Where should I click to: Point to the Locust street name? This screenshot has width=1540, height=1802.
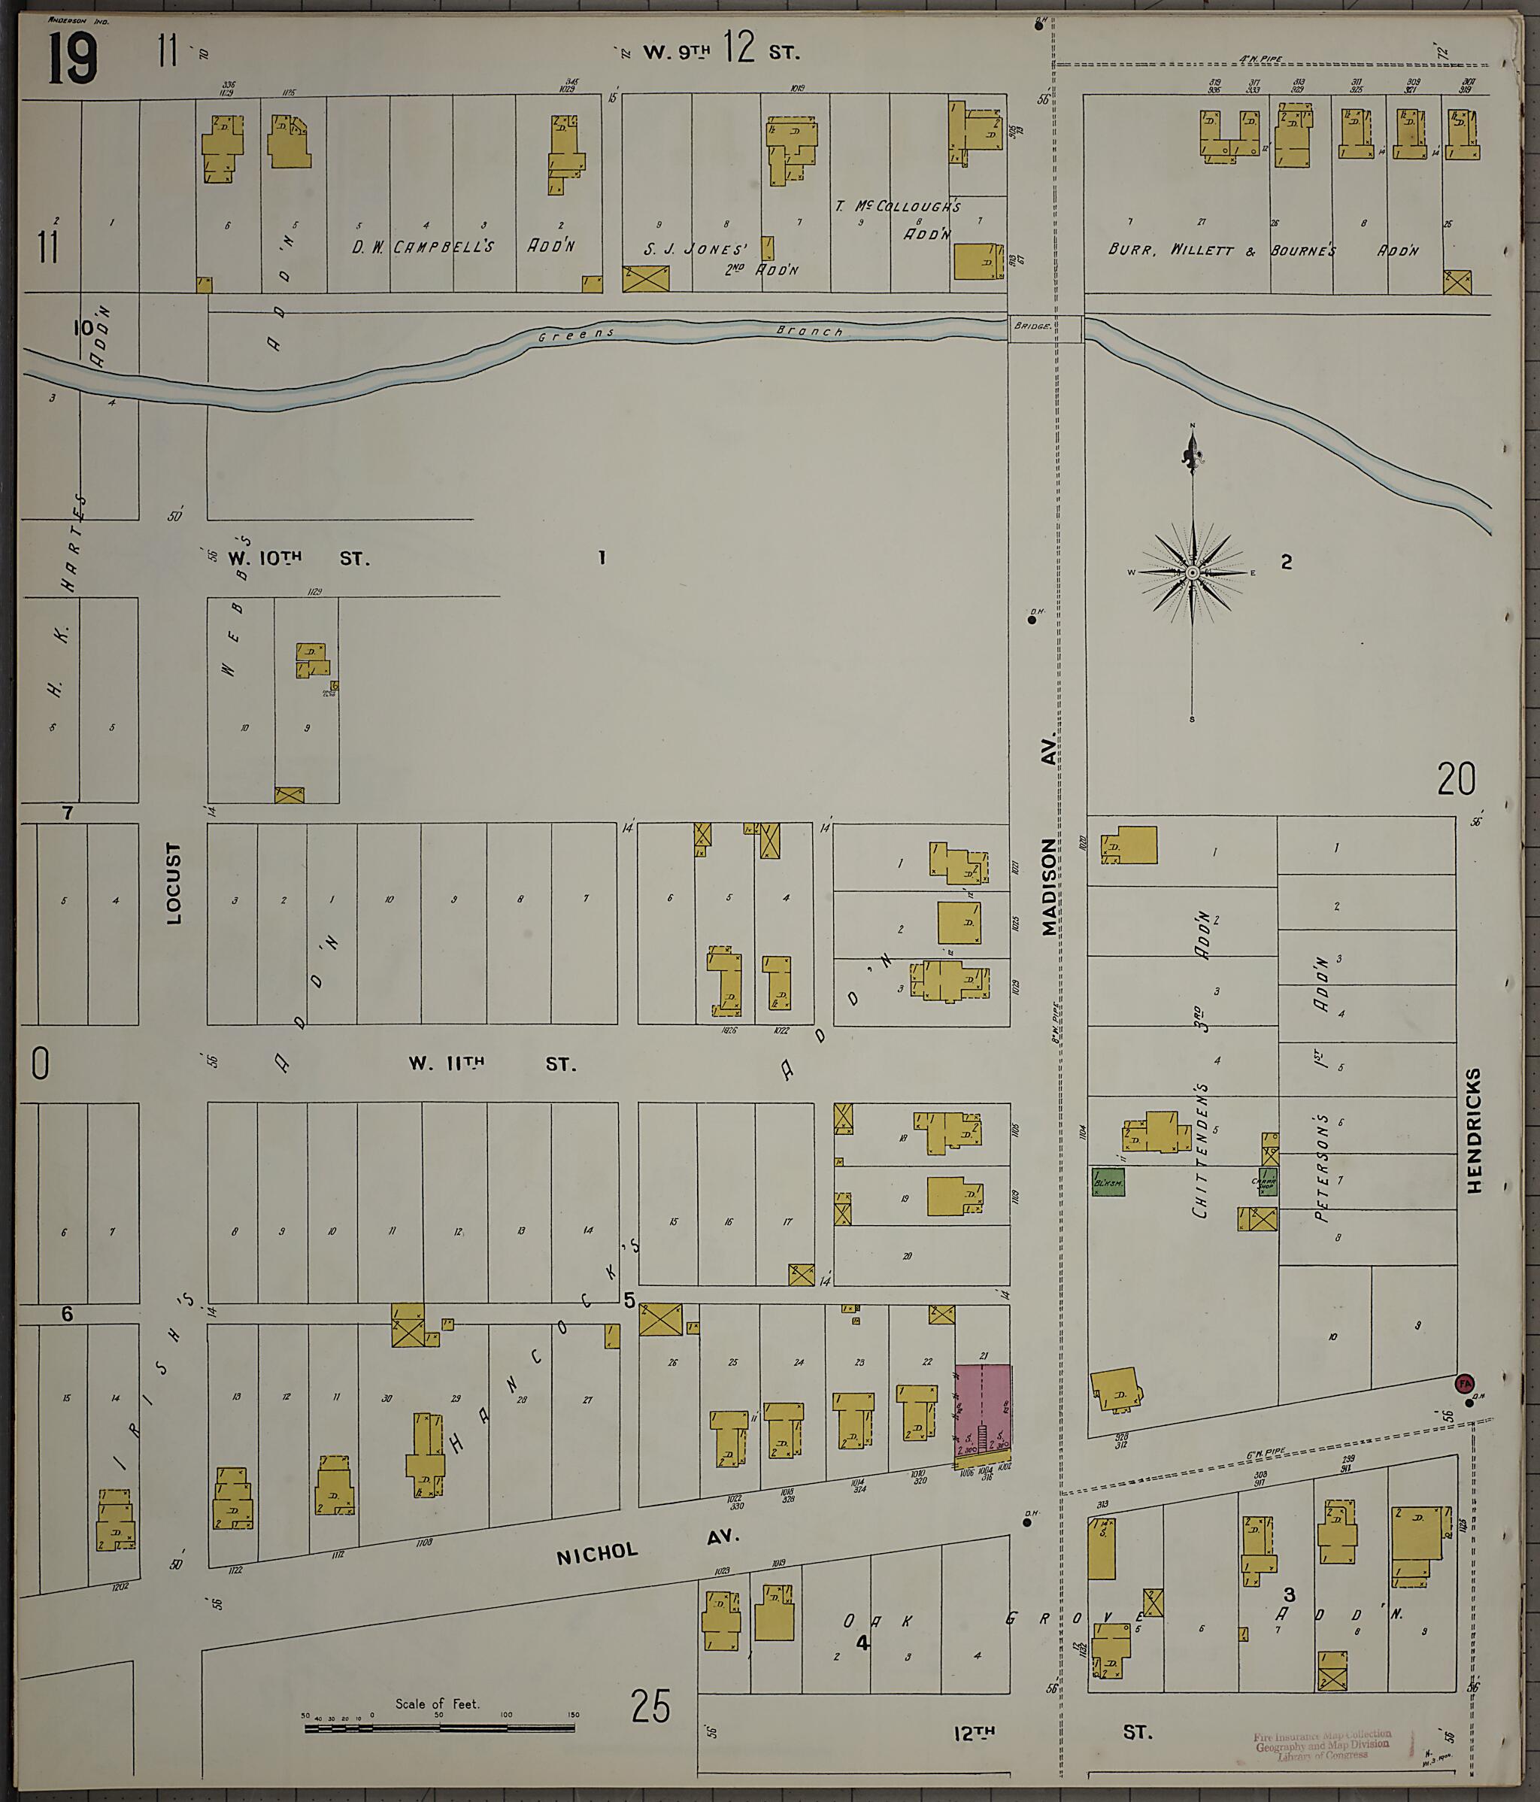click(x=174, y=882)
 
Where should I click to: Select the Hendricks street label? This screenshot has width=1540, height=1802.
click(x=1473, y=1130)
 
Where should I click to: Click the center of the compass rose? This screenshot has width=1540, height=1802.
click(x=1192, y=573)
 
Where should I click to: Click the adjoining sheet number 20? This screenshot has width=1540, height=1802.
click(x=1456, y=779)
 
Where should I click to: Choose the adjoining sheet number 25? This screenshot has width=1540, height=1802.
click(x=650, y=1707)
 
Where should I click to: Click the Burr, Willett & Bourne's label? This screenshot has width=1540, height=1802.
click(x=1222, y=250)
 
